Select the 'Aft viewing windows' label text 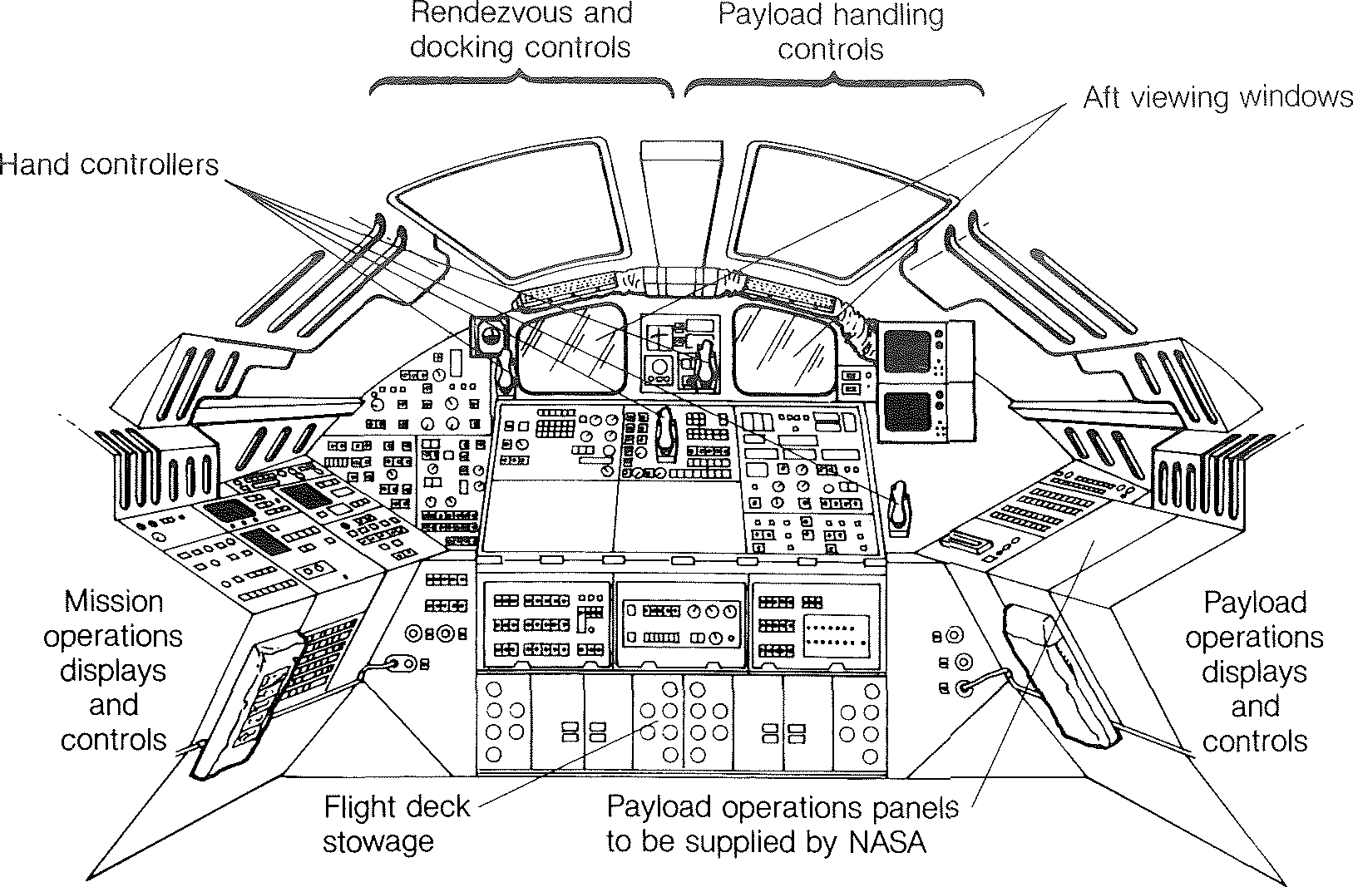[1217, 97]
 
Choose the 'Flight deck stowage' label [396, 824]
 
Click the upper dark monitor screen [906, 350]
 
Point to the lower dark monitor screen [906, 411]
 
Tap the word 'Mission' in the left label [113, 602]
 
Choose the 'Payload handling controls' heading [831, 32]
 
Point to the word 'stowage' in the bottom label [378, 841]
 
